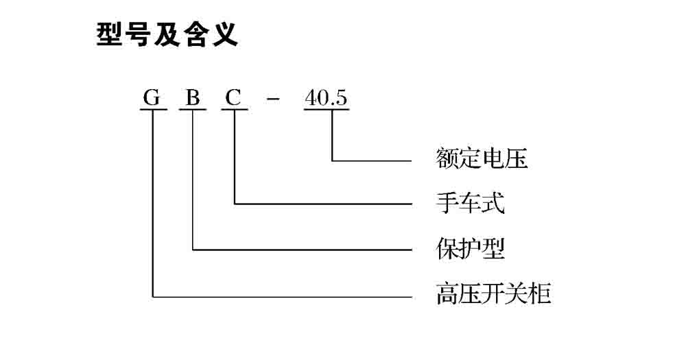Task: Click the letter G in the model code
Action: [x=152, y=99]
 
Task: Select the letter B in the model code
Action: [x=193, y=99]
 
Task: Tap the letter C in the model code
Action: [x=234, y=99]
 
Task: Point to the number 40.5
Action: [x=326, y=99]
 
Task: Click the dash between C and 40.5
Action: [x=273, y=100]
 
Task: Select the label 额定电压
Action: [x=482, y=159]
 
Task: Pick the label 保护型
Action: [x=471, y=248]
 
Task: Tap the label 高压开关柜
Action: [x=493, y=295]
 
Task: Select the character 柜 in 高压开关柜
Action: [x=540, y=295]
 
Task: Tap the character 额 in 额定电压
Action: [x=447, y=159]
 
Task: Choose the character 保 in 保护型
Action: [x=447, y=248]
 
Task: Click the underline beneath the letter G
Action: [x=152, y=110]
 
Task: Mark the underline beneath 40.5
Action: [x=326, y=110]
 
